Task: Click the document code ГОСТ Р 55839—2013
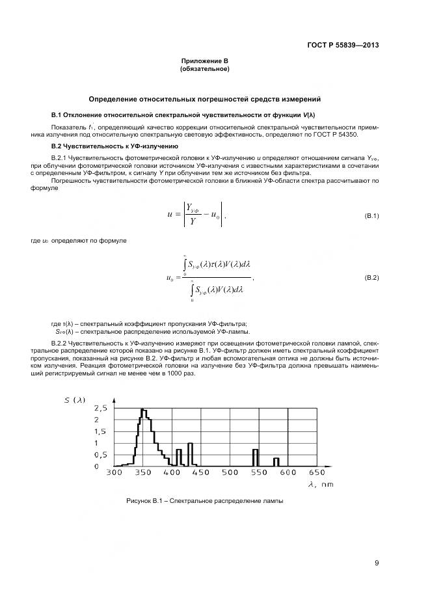(343, 45)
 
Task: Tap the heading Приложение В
(204, 61)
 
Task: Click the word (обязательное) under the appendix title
(204, 68)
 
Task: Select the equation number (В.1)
(371, 215)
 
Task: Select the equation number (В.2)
(371, 278)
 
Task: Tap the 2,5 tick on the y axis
(101, 409)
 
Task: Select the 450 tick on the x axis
(200, 473)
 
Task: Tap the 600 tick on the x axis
(287, 473)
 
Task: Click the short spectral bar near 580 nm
(276, 462)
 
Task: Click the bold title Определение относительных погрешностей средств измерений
(204, 98)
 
